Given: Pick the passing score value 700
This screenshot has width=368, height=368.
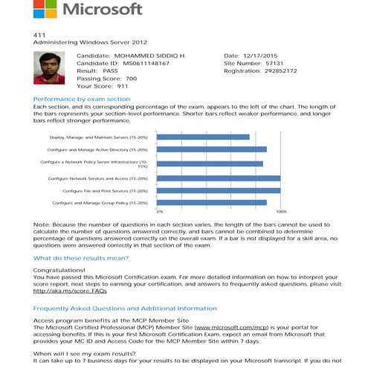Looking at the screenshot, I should tap(131, 78).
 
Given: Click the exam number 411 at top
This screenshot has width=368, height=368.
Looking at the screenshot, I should tap(39, 35).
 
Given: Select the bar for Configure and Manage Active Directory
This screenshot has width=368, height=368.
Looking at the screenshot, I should tap(213, 149).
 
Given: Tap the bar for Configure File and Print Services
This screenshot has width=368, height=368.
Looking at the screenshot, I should tap(219, 190).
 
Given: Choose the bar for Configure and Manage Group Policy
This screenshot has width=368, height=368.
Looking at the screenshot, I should tap(213, 202).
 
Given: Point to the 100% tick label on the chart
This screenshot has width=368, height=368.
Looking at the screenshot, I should tap(281, 211).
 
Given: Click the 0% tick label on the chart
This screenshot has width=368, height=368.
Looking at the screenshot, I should tap(159, 211).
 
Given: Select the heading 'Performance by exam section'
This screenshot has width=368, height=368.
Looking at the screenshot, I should tap(83, 99).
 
